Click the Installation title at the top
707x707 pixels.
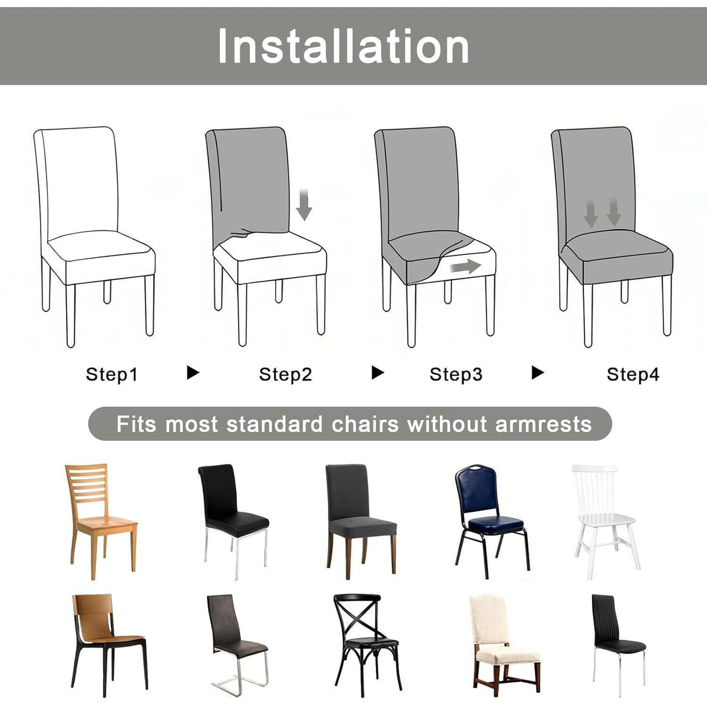(x=343, y=46)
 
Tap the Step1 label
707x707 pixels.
(x=111, y=375)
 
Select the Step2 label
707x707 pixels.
(x=285, y=375)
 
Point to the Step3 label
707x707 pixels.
(x=455, y=375)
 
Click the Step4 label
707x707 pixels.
(x=633, y=375)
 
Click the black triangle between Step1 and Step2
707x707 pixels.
(x=193, y=373)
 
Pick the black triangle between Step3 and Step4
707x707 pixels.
(x=538, y=373)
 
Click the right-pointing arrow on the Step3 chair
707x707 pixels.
(x=465, y=266)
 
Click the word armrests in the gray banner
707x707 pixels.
(x=543, y=424)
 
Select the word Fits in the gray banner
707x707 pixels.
(x=136, y=424)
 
